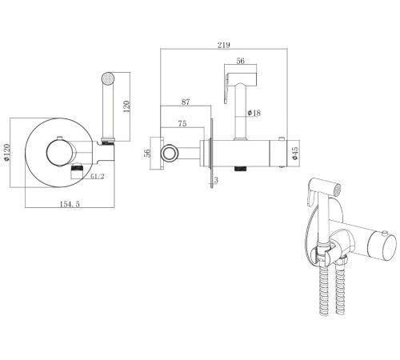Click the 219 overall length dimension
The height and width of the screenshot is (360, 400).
click(x=223, y=45)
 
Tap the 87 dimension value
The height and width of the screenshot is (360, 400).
click(x=186, y=102)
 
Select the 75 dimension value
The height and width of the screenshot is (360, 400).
click(x=182, y=124)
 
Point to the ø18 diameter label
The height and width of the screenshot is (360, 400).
click(x=254, y=113)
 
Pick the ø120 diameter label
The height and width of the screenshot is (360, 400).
click(x=6, y=152)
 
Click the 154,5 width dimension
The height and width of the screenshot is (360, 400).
click(x=70, y=204)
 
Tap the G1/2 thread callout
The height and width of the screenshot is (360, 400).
click(x=98, y=176)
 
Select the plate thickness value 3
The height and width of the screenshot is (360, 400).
click(x=216, y=180)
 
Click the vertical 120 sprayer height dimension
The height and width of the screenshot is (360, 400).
click(x=127, y=106)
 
